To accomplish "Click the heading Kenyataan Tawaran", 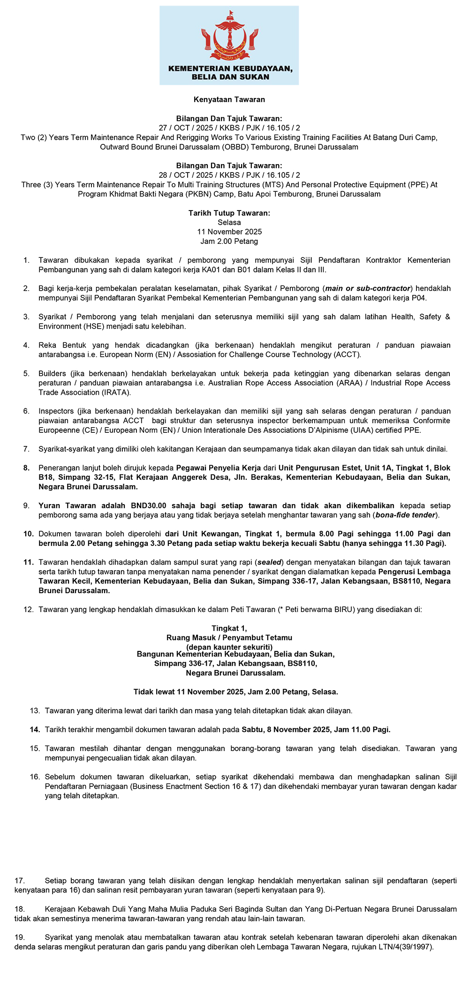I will (x=229, y=99).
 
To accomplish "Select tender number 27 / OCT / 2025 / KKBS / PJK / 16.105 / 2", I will (x=229, y=128).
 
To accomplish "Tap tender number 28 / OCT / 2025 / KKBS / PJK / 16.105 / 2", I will (x=229, y=175).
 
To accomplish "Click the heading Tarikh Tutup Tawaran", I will (x=229, y=213).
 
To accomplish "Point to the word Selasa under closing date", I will (x=229, y=222).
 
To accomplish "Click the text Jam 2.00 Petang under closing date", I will (x=229, y=241).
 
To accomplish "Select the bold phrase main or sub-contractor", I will (x=368, y=288).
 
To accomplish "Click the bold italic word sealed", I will (x=269, y=562).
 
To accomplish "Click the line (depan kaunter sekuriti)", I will (x=229, y=647).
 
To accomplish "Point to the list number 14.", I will (x=35, y=730).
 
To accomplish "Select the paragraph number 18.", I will (x=20, y=909).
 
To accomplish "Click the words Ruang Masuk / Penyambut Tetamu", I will (x=229, y=638).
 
